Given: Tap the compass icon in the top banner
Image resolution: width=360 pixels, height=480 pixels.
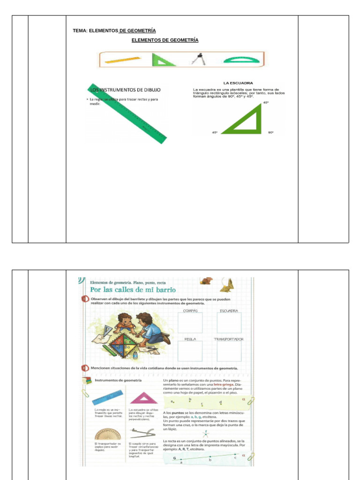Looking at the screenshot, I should (x=197, y=60).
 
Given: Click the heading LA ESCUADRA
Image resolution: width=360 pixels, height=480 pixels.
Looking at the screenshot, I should (x=238, y=83).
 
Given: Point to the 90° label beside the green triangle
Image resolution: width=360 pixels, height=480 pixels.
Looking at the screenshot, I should (x=270, y=133).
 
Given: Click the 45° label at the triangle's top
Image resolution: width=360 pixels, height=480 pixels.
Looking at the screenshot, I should (x=266, y=102).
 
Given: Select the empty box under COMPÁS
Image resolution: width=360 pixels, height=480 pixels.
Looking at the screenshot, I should (x=190, y=322).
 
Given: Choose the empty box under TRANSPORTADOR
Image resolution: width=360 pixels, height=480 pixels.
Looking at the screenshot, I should (x=229, y=351).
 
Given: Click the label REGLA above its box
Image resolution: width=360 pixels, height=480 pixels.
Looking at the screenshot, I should (x=190, y=339).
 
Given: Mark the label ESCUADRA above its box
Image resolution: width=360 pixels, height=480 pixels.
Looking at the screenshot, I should (x=229, y=311).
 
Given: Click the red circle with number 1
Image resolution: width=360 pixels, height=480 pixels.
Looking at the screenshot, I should (x=85, y=300).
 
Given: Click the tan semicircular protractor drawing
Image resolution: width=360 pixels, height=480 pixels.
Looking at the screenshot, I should (x=107, y=433).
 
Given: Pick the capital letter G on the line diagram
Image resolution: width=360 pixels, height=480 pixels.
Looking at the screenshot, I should (x=174, y=458).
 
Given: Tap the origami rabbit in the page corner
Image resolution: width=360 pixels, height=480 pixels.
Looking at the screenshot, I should (x=227, y=284).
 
